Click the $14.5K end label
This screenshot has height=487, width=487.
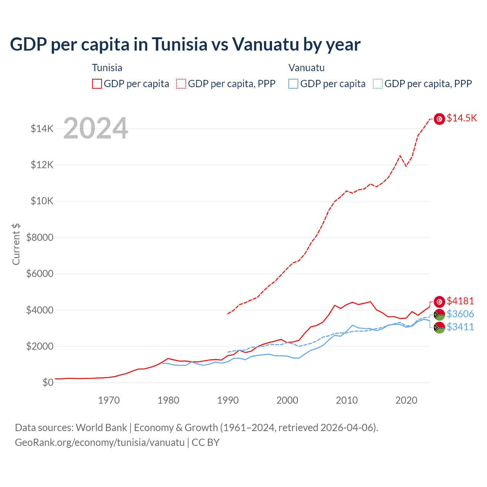click(x=462, y=118)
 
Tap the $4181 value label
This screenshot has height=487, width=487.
click(x=460, y=301)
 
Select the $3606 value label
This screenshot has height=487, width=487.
click(x=460, y=314)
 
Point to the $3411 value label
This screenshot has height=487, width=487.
click(x=460, y=327)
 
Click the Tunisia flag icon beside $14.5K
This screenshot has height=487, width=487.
click(x=439, y=119)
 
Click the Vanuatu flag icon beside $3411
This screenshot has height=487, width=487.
click(x=439, y=327)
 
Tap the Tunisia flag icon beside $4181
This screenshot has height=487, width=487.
click(x=439, y=302)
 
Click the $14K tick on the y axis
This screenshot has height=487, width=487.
click(x=42, y=129)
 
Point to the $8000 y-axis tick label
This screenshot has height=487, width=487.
click(x=40, y=237)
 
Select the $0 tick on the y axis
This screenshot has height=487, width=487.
click(x=48, y=382)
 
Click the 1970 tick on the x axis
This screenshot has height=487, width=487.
click(x=109, y=400)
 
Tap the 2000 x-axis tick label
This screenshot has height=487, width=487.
click(x=287, y=400)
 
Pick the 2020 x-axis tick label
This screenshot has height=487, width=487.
click(x=406, y=400)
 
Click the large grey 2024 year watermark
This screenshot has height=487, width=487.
click(x=95, y=128)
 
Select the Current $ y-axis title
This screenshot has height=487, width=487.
click(x=16, y=244)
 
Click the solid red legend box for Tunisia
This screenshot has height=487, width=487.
click(x=97, y=84)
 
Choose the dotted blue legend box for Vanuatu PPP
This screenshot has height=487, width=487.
click(x=378, y=84)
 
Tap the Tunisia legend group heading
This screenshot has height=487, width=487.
click(x=107, y=68)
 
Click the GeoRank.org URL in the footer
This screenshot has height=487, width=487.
click(x=100, y=442)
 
